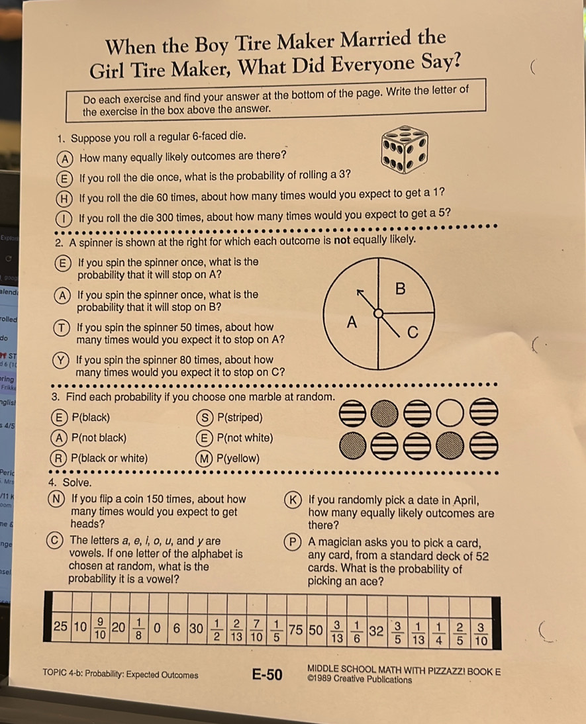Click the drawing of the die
point(405,150)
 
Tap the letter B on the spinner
point(400,289)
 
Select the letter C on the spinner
point(413,332)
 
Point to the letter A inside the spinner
point(352,322)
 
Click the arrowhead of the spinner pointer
point(360,293)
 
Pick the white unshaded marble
point(450,413)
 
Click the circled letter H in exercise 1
point(64,199)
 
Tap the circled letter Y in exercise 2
point(60,360)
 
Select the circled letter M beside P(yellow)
point(204,459)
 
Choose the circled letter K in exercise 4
point(293,500)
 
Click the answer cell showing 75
point(296,630)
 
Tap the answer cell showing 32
point(377,631)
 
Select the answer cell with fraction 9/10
point(100,628)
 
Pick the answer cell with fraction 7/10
point(256,630)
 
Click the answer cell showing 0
point(158,629)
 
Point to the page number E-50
point(267,674)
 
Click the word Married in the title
point(375,40)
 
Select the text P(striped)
point(240,418)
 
